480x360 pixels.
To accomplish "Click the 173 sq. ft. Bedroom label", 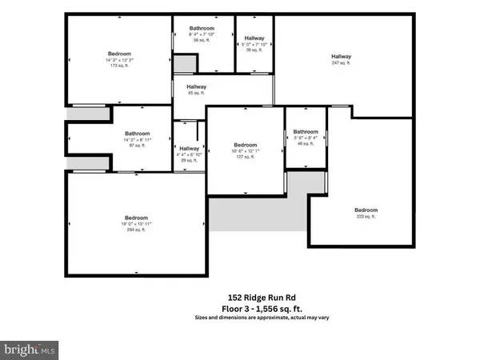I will pyautogui.click(x=119, y=54).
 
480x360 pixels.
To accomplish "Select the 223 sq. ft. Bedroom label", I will pyautogui.click(x=366, y=210).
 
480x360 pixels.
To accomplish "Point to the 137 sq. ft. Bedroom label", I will pyautogui.click(x=245, y=145).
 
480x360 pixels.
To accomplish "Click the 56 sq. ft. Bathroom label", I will pyautogui.click(x=202, y=28).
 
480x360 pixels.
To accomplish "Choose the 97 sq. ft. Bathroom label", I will pyautogui.click(x=136, y=134).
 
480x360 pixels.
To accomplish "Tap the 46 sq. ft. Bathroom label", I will pyautogui.click(x=306, y=132).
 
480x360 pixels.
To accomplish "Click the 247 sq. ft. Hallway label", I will pyautogui.click(x=342, y=56).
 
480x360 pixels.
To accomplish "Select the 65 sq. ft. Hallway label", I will pyautogui.click(x=197, y=86).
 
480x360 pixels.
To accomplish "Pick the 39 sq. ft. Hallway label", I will pyautogui.click(x=254, y=38).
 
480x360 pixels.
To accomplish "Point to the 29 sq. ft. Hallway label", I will pyautogui.click(x=190, y=149).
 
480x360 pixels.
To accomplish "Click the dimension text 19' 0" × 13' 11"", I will pyautogui.click(x=136, y=224).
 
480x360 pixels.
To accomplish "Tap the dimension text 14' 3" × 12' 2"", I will pyautogui.click(x=119, y=61).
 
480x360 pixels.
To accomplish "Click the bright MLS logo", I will pyautogui.click(x=30, y=349).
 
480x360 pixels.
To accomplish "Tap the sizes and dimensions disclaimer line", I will pyautogui.click(x=262, y=318).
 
